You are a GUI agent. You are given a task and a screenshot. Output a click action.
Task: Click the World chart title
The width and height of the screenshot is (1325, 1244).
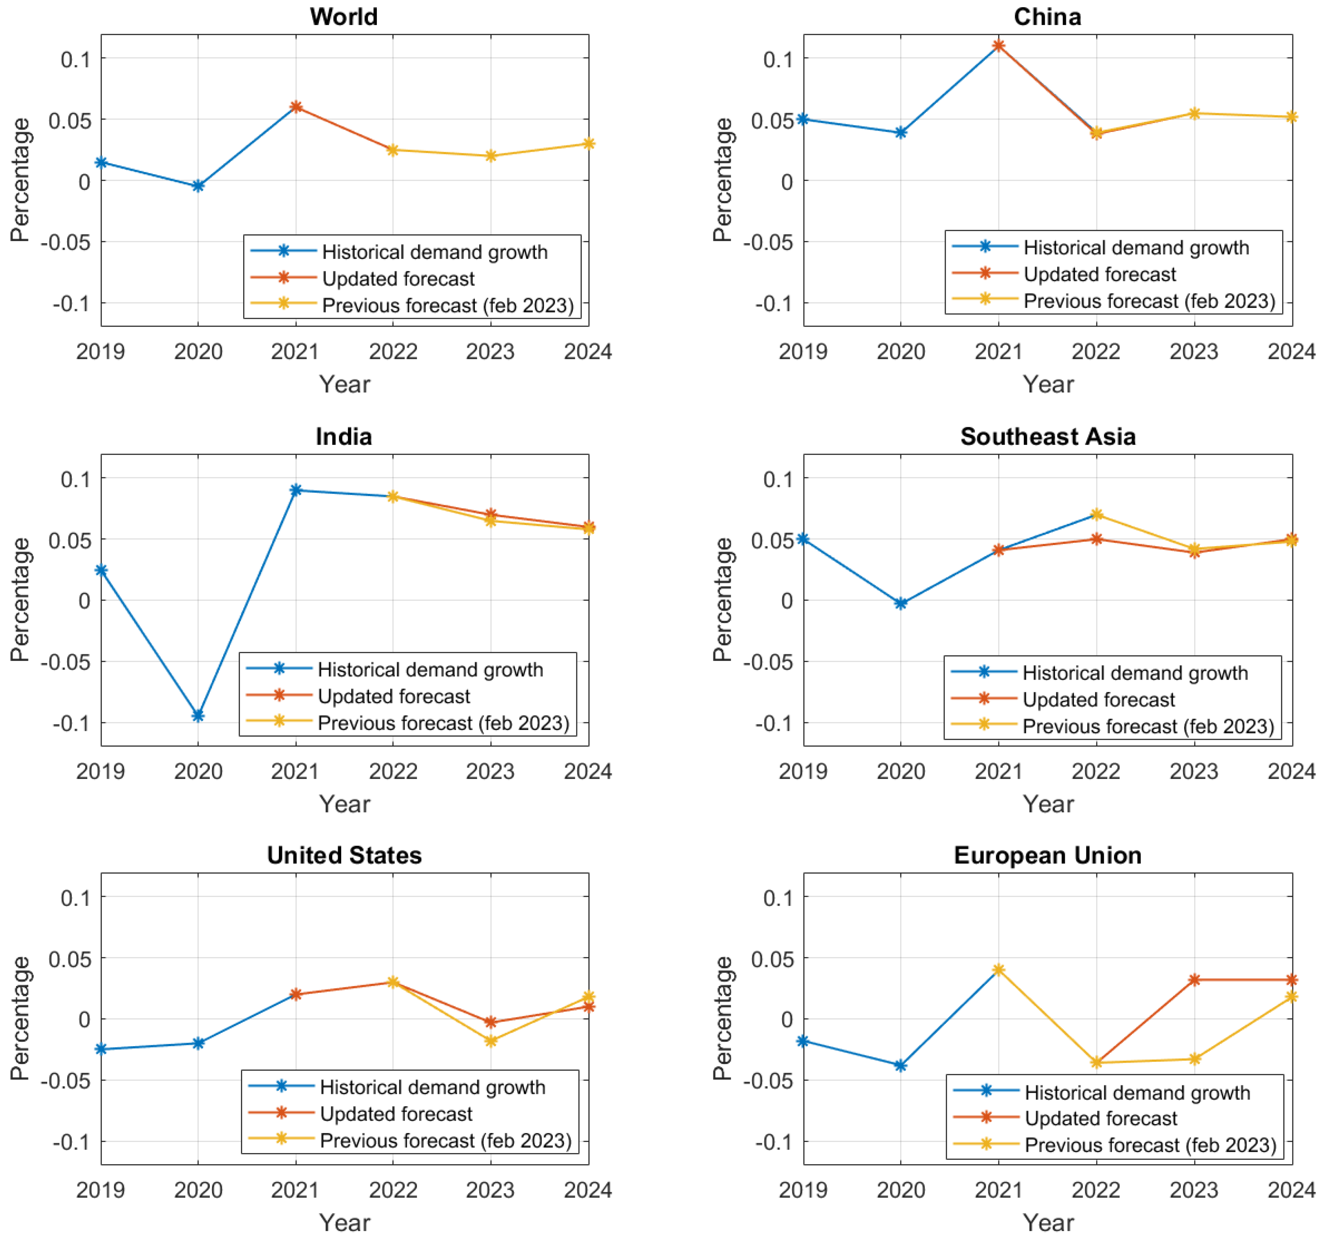point(343,16)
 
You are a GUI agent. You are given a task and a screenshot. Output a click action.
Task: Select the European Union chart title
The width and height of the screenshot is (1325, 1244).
point(1047,855)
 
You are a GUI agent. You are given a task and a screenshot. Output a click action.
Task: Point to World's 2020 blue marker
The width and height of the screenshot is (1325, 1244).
point(198,186)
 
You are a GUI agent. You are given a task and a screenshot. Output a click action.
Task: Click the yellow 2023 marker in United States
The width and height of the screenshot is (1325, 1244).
point(490,1040)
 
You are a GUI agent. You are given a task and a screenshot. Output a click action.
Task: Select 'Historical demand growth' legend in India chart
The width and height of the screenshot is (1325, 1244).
point(430,669)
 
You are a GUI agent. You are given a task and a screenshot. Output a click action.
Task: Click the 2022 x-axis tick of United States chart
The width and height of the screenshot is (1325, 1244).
point(392,1190)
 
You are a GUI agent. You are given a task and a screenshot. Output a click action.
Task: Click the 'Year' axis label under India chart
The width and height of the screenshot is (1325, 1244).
point(344,804)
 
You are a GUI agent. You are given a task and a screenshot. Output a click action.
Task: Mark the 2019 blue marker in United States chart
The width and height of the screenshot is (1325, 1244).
point(101,1049)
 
